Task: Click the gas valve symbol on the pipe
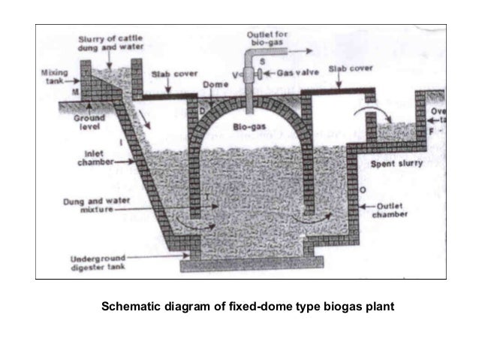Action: [x=257, y=75]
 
